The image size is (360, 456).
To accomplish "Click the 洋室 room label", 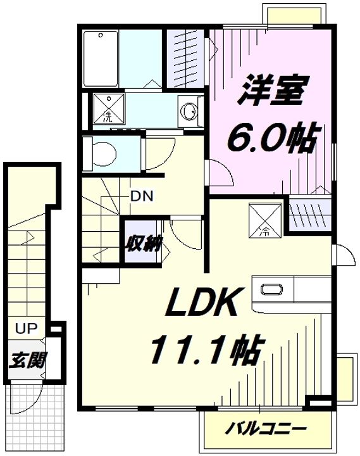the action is tap(270, 90).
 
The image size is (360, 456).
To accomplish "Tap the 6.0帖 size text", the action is tap(271, 139).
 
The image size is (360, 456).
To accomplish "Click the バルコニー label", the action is tap(266, 428).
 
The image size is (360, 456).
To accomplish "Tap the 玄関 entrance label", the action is tap(27, 360).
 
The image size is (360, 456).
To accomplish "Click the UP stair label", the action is tap(26, 328).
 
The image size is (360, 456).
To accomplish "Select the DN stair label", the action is tap(142, 196).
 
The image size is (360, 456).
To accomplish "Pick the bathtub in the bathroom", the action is tap(101, 59).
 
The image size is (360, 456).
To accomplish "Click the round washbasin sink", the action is tap(189, 111).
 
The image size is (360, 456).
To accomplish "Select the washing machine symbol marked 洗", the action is tap(109, 108).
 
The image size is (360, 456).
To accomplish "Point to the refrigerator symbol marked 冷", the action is tap(265, 221).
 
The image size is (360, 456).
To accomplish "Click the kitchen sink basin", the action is tap(271, 289).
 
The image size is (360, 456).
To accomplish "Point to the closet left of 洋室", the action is tap(185, 58).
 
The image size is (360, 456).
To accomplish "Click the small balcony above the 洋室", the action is tap(293, 14).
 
